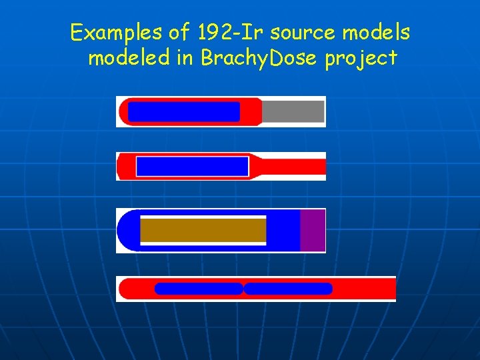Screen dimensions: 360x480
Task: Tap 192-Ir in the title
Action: pyautogui.click(x=221, y=31)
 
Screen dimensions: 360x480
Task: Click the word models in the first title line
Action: pyautogui.click(x=377, y=31)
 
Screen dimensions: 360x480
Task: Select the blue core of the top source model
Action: pyautogui.click(x=183, y=111)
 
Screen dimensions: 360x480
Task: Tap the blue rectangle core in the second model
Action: pyautogui.click(x=191, y=166)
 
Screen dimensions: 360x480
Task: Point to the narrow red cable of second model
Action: pyautogui.click(x=293, y=166)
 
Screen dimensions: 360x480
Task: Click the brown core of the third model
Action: pyautogui.click(x=203, y=231)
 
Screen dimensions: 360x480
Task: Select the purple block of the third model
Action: pyautogui.click(x=312, y=231)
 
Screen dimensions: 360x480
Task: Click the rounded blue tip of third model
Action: pyautogui.click(x=127, y=231)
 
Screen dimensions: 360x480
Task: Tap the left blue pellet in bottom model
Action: pyautogui.click(x=198, y=289)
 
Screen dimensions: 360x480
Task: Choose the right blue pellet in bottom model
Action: pyautogui.click(x=288, y=289)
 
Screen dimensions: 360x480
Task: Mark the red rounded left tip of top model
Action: pyautogui.click(x=123, y=111)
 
